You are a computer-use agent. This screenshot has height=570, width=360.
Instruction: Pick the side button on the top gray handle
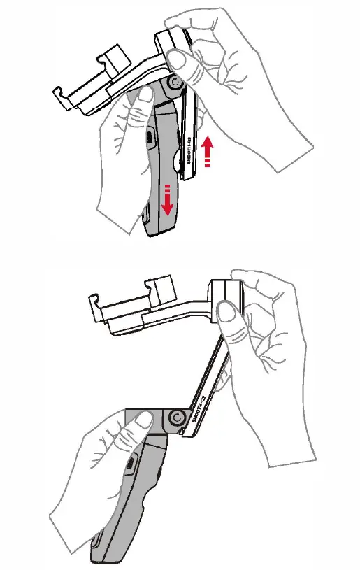150,138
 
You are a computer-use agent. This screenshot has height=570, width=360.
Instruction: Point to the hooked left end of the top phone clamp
62,98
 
